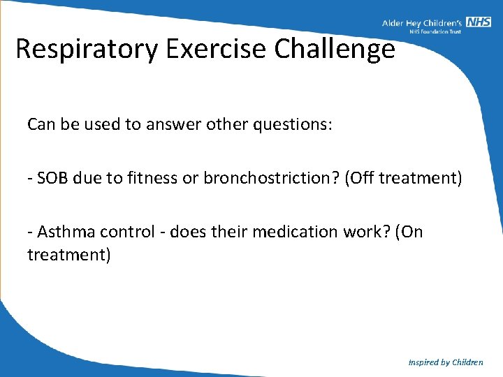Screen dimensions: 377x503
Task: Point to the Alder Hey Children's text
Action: click(423, 23)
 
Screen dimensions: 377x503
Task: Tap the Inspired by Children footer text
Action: click(446, 362)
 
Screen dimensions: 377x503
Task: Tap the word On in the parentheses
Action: click(411, 232)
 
